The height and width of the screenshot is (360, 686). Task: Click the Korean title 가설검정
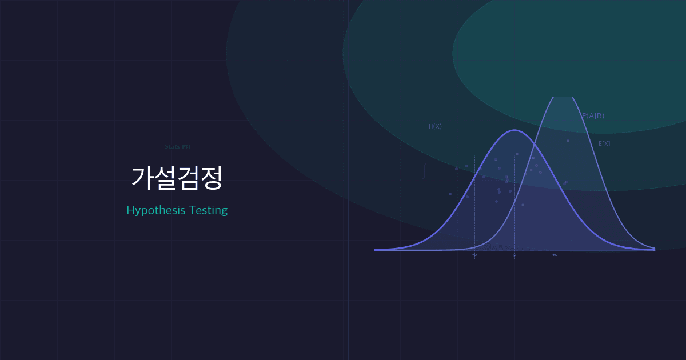[x=177, y=178]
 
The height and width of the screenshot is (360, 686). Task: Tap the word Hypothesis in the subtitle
[x=156, y=211]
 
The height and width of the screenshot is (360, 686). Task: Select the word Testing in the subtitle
[x=208, y=211]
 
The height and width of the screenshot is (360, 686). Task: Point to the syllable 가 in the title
[x=142, y=178]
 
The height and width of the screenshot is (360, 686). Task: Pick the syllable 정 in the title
[x=211, y=178]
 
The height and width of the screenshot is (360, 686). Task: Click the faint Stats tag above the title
[x=177, y=146]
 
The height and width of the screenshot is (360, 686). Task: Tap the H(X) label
[x=435, y=126]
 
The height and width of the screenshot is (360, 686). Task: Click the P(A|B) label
[x=593, y=116]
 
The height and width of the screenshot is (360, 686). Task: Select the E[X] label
[x=604, y=143]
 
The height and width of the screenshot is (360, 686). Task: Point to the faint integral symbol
[x=424, y=171]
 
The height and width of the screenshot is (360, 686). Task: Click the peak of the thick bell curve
[x=514, y=130]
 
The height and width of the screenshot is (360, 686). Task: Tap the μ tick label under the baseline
[x=514, y=255]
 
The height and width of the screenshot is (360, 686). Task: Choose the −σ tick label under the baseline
[x=474, y=255]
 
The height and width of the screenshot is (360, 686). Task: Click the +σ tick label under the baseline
[x=555, y=255]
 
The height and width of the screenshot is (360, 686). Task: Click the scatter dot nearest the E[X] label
[x=568, y=141]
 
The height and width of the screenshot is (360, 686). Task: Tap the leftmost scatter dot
[x=450, y=194]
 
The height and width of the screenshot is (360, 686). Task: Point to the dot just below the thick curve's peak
[x=517, y=154]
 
